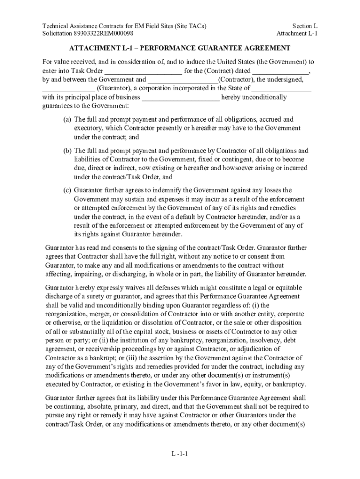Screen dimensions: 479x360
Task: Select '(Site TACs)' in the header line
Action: (189, 26)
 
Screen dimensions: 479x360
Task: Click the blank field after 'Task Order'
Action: (143, 71)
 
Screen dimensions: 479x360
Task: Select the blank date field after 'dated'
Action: (281, 71)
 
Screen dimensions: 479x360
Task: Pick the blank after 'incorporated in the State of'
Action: (282, 88)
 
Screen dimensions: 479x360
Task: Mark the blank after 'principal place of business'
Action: (180, 97)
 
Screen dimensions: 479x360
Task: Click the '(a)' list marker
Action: (67, 119)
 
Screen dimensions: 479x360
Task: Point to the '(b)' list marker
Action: (67, 151)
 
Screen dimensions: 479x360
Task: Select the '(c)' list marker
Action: (67, 190)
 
